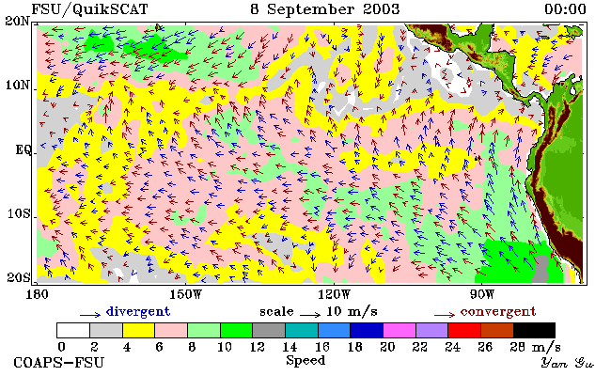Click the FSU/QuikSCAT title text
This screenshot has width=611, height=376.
point(90,9)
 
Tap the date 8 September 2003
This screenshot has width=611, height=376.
point(325,9)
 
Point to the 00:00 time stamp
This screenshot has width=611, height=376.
point(565,9)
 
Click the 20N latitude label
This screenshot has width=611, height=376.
point(17,22)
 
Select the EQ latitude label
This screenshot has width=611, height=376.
point(23,150)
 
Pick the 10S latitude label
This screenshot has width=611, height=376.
point(18,214)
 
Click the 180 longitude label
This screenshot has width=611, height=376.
point(37,294)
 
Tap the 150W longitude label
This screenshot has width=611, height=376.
point(185,294)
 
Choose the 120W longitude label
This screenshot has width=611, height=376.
point(334,294)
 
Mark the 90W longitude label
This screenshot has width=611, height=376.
point(482,294)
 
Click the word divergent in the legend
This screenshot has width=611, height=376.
point(138,312)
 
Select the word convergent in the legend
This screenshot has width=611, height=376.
point(498,312)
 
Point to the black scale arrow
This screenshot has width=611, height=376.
point(310,314)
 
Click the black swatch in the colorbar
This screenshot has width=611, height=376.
point(534,330)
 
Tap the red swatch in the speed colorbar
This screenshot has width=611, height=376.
point(464,330)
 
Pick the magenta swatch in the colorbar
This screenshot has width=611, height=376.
point(399,330)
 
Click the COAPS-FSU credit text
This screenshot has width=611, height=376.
point(59,363)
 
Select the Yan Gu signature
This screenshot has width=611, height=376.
point(567,364)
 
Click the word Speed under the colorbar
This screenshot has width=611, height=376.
point(305,361)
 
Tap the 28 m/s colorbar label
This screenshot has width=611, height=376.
point(536,347)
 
